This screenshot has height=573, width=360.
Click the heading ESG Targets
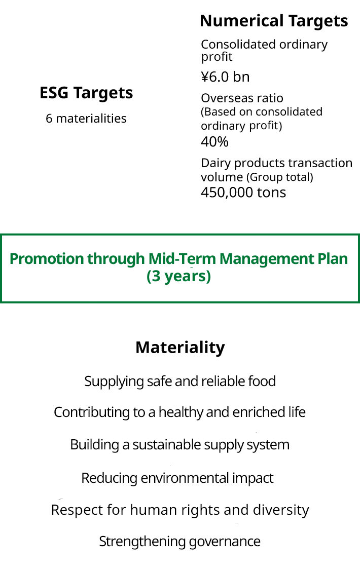pyautogui.click(x=86, y=93)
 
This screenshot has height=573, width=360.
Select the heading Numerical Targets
pyautogui.click(x=274, y=21)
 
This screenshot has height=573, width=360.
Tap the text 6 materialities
pyautogui.click(x=86, y=119)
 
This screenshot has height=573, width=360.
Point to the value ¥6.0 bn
pyautogui.click(x=225, y=77)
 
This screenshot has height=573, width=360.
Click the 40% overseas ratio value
pyautogui.click(x=214, y=142)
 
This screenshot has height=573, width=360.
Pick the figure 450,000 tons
pyautogui.click(x=243, y=193)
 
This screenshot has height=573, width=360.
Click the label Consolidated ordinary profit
pyautogui.click(x=264, y=50)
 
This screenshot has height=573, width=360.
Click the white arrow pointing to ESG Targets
pyautogui.click(x=94, y=269)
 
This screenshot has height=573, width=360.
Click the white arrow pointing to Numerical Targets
pyautogui.click(x=263, y=269)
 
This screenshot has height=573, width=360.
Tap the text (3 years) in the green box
pyautogui.click(x=178, y=277)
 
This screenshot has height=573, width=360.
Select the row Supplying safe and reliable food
pyautogui.click(x=180, y=381)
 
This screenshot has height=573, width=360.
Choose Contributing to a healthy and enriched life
pyautogui.click(x=180, y=412)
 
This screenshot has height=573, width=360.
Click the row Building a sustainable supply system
pyautogui.click(x=180, y=445)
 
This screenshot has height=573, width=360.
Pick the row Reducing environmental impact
pyautogui.click(x=177, y=478)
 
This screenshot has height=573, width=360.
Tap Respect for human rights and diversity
pyautogui.click(x=180, y=510)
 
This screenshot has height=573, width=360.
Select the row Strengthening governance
pyautogui.click(x=180, y=542)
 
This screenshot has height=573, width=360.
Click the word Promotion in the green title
pyautogui.click(x=47, y=259)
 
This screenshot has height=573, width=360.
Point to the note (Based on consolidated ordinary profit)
pyautogui.click(x=261, y=118)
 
